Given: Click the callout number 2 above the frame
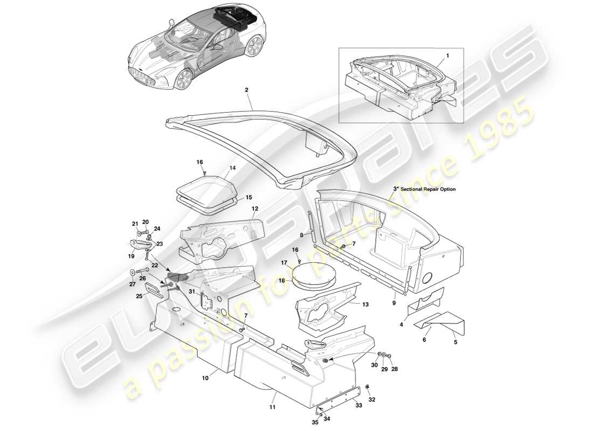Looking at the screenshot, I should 246,92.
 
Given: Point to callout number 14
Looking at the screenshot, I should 233,168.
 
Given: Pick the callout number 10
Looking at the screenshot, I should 205,378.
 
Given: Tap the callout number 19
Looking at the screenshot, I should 131,256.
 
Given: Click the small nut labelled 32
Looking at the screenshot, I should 367,387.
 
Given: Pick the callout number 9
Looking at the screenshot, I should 394,304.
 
